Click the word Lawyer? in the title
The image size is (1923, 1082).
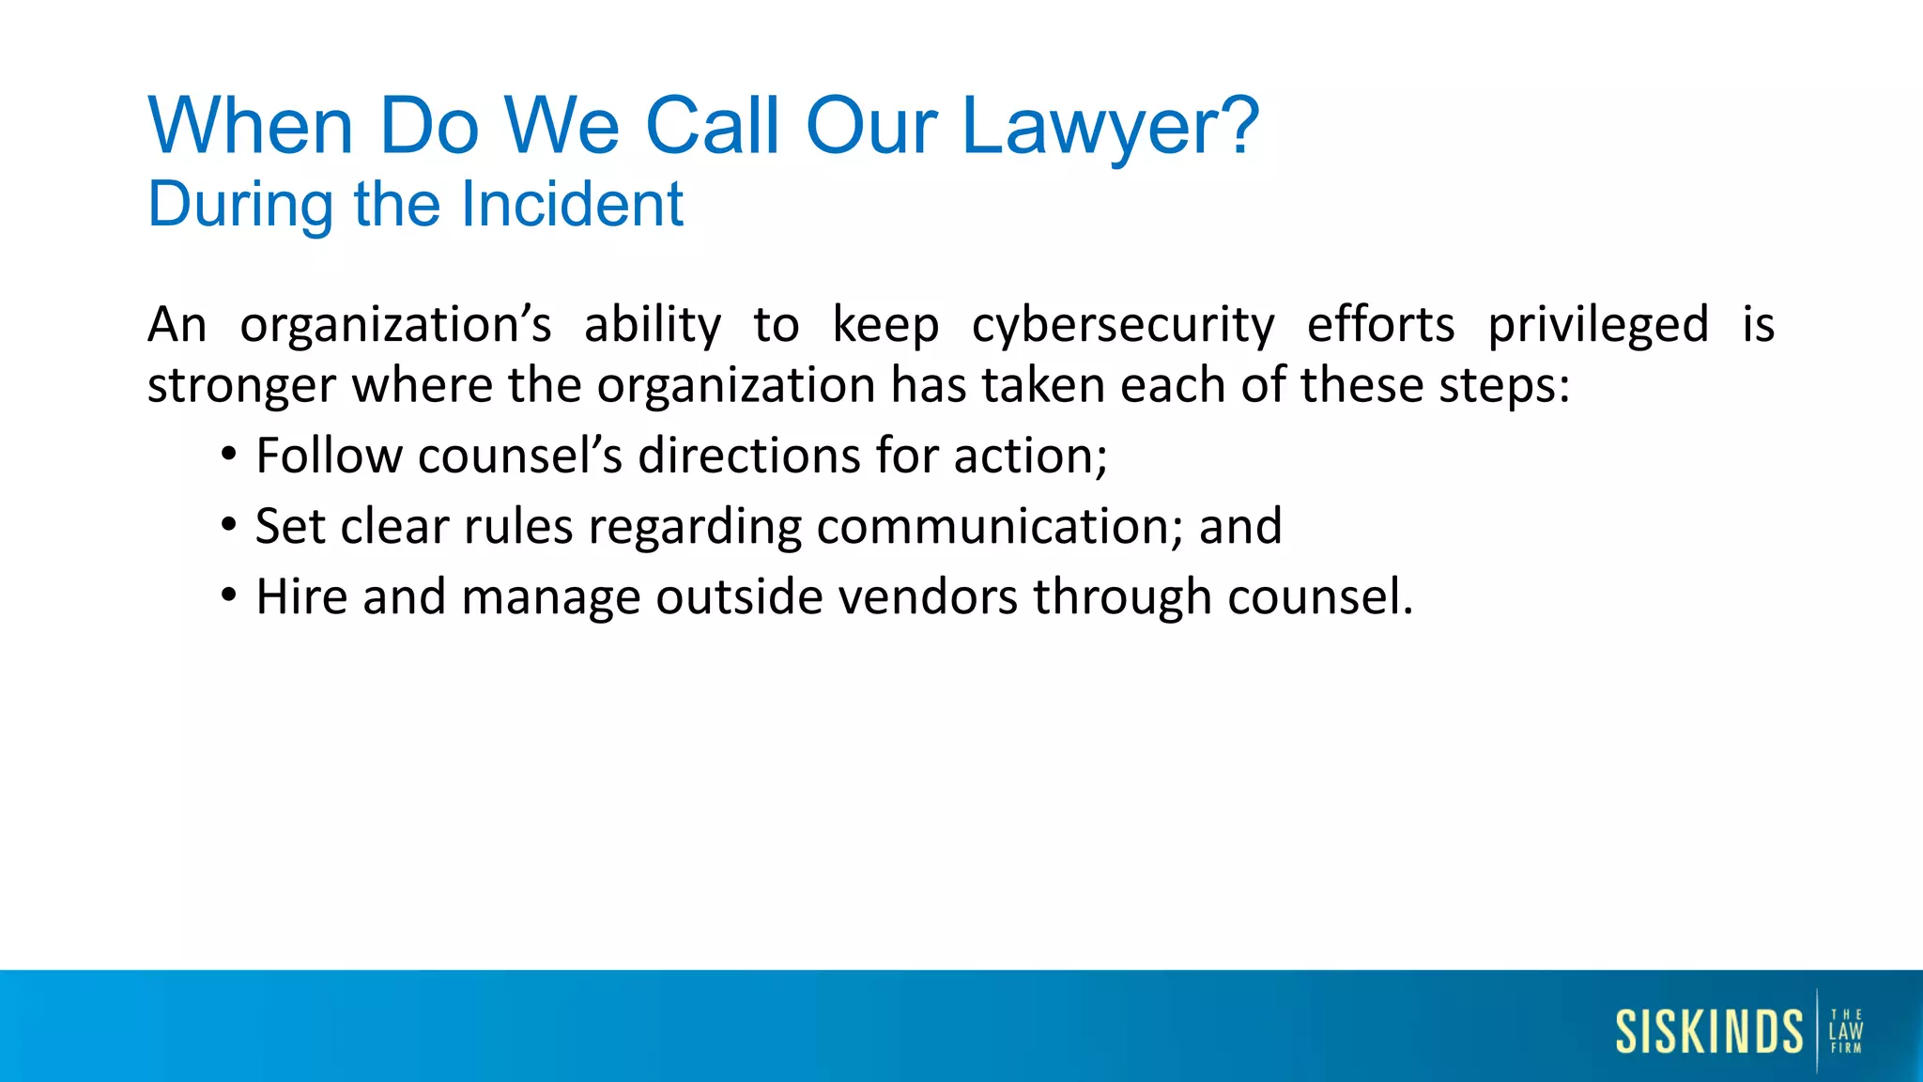(x=1110, y=127)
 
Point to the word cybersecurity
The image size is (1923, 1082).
(x=1123, y=326)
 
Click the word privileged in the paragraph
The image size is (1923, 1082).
(x=1598, y=326)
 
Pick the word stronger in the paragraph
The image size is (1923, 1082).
(x=241, y=386)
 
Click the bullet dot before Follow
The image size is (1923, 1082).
(x=229, y=455)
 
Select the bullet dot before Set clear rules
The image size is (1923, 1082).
(x=229, y=525)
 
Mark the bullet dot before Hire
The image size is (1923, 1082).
(x=229, y=595)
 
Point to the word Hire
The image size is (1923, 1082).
(x=302, y=596)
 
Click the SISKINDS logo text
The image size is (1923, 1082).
(x=1709, y=1031)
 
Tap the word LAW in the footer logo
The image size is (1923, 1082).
(x=1846, y=1031)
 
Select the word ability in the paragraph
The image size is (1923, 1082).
(x=653, y=326)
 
